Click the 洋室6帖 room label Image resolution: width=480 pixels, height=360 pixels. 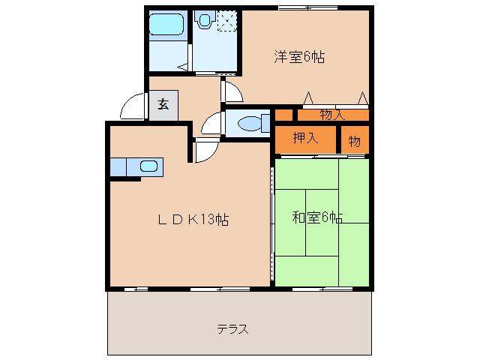point(299,56)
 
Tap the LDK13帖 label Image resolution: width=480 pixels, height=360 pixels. point(193,220)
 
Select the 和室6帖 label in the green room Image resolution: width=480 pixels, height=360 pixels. point(317,218)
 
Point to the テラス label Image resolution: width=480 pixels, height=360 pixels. point(232,329)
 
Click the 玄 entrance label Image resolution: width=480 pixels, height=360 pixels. point(163,104)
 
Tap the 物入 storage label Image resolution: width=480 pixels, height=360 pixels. point(332,115)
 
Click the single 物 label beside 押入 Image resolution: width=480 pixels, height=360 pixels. point(355,140)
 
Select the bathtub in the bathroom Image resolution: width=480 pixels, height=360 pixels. point(167,25)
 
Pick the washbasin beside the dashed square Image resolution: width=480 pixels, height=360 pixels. point(204,21)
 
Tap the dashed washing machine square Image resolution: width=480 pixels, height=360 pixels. point(226,19)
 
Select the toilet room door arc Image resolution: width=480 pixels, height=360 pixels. point(212,122)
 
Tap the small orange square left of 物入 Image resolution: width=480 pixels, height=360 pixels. point(283,115)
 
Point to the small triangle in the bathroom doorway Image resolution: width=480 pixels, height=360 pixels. point(181,67)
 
